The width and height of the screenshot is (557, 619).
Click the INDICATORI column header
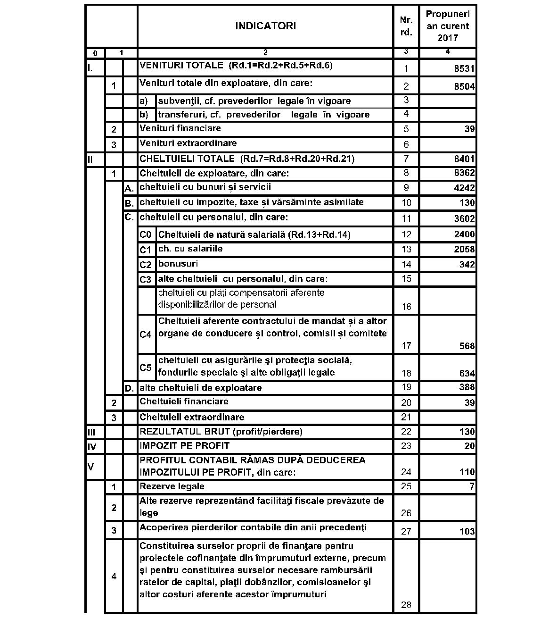pyautogui.click(x=265, y=26)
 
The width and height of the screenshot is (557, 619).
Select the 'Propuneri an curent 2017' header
pyautogui.click(x=447, y=26)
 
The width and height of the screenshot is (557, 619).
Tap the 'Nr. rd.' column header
pyautogui.click(x=406, y=26)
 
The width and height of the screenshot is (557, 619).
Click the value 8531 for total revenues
pyautogui.click(x=464, y=69)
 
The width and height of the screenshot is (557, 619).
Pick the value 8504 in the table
pyautogui.click(x=464, y=86)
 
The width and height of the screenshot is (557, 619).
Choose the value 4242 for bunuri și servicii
pyautogui.click(x=464, y=188)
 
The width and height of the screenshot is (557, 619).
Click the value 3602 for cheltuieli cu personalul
pyautogui.click(x=464, y=218)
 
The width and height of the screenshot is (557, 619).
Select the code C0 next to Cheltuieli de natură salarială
pyautogui.click(x=146, y=234)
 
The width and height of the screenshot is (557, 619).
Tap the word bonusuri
pyautogui.click(x=178, y=263)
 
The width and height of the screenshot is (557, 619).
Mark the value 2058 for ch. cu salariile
pyautogui.click(x=464, y=249)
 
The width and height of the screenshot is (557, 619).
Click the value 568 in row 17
pyautogui.click(x=467, y=346)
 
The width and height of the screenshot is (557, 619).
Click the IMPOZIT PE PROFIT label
pyautogui.click(x=185, y=445)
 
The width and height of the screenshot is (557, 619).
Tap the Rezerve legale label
pyautogui.click(x=172, y=486)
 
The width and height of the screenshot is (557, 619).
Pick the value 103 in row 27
pyautogui.click(x=467, y=531)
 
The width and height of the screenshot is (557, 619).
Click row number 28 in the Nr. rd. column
pyautogui.click(x=406, y=605)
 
